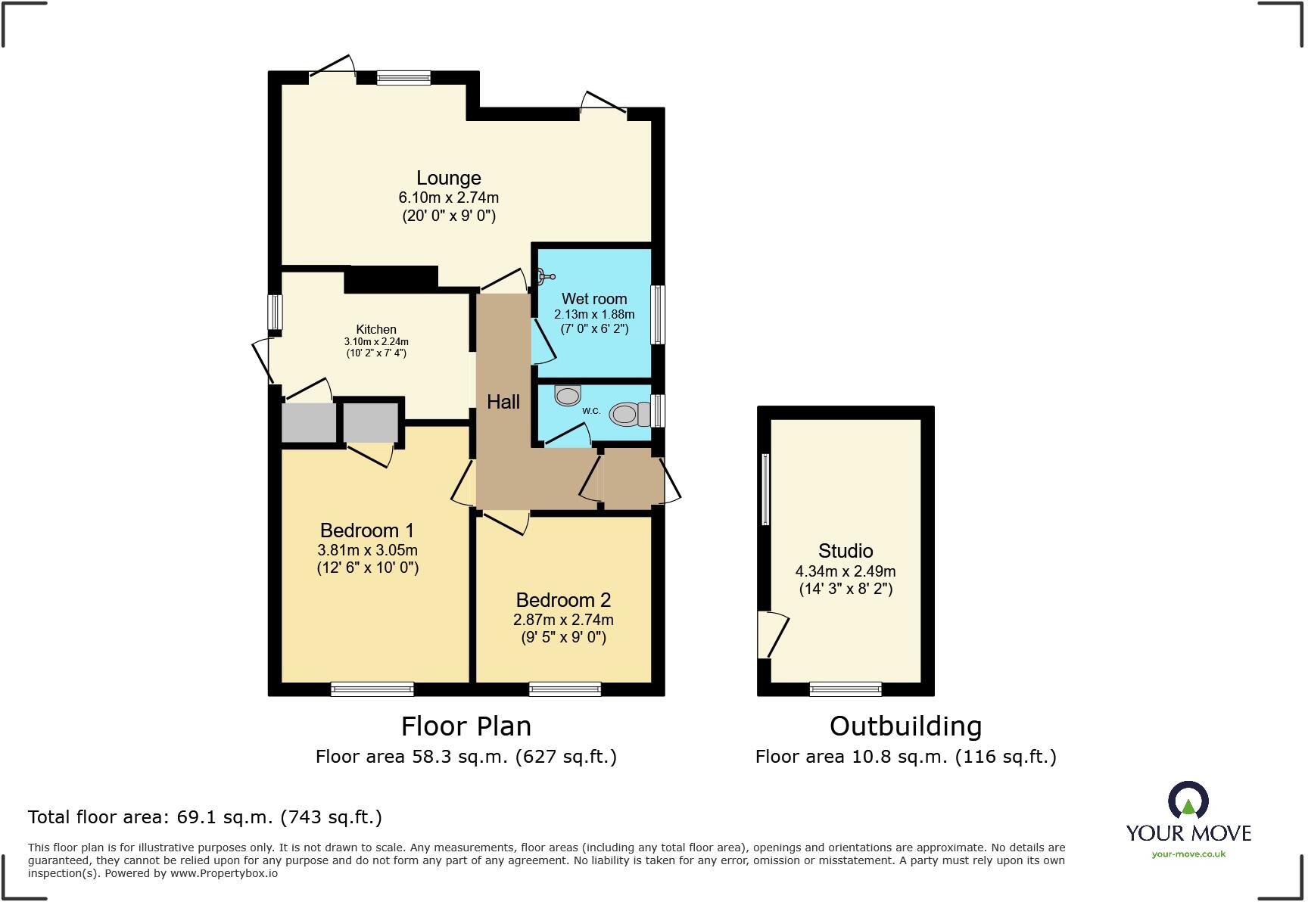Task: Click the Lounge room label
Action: pos(448,178)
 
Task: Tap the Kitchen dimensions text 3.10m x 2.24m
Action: pos(376,342)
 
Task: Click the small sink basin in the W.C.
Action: pos(568,395)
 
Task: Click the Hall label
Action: pos(503,402)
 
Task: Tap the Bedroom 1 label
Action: pos(366,530)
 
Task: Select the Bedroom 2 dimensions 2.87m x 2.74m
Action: pos(563,620)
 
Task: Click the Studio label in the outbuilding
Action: pos(846,551)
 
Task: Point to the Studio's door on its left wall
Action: pos(769,634)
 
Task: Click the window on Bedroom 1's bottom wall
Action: pos(372,689)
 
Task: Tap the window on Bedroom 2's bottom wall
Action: pos(565,689)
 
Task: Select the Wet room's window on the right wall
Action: pos(658,314)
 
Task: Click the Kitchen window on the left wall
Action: pos(275,312)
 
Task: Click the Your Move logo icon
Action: pos(1188,801)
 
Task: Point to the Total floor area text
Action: pos(204,817)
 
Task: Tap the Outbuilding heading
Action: pos(905,726)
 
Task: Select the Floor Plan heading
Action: pos(466,726)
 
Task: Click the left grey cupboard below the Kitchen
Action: pos(308,422)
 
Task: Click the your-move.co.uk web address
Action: pos(1188,854)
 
